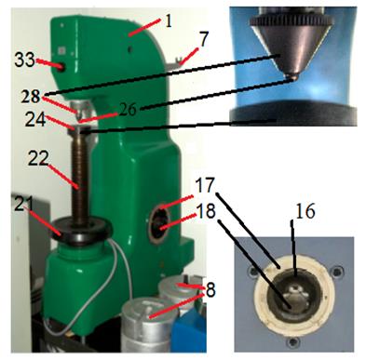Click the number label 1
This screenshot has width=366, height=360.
coord(169,21)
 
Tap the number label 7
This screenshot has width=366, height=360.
coord(203,39)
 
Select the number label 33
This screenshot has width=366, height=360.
coord(24,60)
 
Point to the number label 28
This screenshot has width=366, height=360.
coord(31,97)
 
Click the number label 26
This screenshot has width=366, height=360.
coord(127,109)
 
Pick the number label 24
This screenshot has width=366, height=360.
coord(35,120)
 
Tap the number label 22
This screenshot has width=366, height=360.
coord(38,158)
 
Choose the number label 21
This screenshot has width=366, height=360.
coord(24,203)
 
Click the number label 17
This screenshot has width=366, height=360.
coord(205,185)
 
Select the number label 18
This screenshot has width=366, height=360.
coord(206,211)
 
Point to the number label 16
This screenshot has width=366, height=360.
coord(305,211)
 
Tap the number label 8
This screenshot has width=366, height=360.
coord(210,290)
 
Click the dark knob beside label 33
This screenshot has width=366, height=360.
coord(61,67)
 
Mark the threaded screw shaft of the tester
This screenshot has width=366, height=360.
coord(80,178)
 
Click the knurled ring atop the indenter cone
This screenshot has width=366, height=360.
coord(291,21)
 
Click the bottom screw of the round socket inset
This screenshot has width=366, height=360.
coord(292,342)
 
